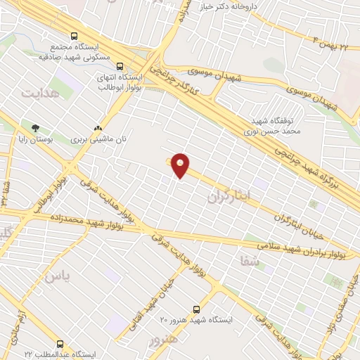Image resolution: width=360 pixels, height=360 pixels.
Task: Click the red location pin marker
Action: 181,166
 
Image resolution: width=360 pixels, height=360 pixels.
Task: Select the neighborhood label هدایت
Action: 37,93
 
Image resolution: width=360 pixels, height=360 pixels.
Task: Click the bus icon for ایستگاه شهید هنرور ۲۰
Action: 195,309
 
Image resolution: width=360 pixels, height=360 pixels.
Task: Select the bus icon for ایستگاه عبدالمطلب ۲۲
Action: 59,345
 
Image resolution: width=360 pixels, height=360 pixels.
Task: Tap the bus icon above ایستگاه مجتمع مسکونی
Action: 74,37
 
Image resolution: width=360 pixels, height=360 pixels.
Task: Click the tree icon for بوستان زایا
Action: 35,129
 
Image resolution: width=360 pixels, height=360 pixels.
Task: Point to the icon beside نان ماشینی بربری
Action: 98,129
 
